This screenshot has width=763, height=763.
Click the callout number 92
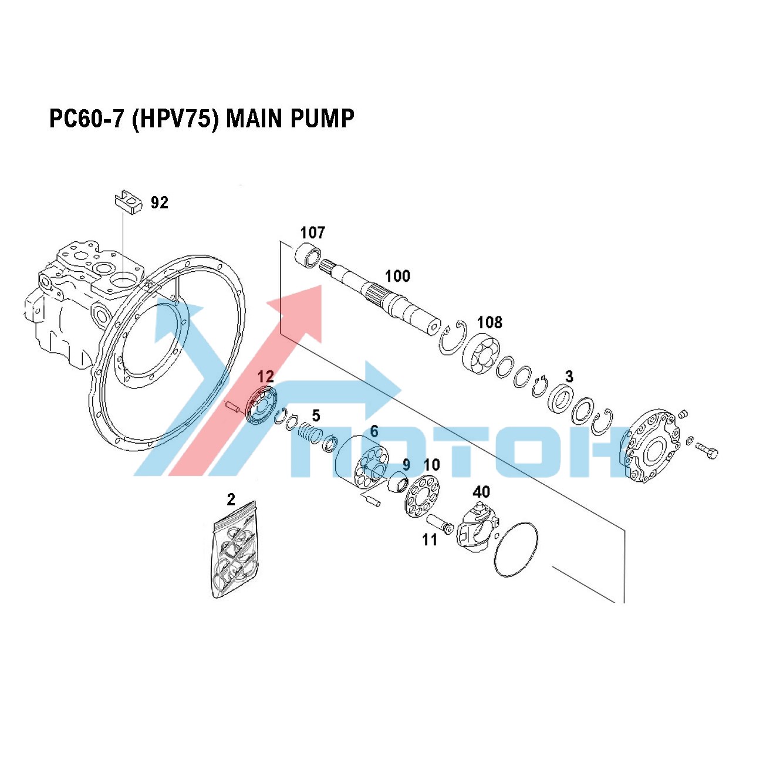pyautogui.click(x=159, y=202)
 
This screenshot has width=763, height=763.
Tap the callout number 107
pyautogui.click(x=312, y=232)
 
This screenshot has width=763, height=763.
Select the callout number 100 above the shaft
pyautogui.click(x=397, y=276)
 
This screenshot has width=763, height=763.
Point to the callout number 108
pyautogui.click(x=489, y=322)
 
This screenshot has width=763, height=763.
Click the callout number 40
pyautogui.click(x=481, y=492)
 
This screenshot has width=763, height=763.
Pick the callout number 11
pyautogui.click(x=430, y=540)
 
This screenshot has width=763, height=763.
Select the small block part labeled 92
pyautogui.click(x=129, y=202)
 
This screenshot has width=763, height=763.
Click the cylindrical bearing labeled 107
pyautogui.click(x=308, y=255)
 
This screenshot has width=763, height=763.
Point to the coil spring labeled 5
pyautogui.click(x=310, y=433)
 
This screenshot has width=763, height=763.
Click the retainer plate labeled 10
pyautogui.click(x=422, y=495)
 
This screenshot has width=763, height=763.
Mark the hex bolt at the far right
pyautogui.click(x=706, y=451)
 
